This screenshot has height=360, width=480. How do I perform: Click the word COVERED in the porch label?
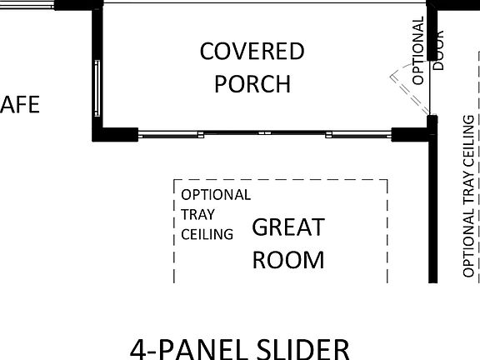[252, 52]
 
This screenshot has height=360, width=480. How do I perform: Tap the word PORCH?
[252, 84]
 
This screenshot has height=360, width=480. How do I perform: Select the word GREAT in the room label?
[287, 227]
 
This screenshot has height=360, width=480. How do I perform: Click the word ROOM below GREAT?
[287, 259]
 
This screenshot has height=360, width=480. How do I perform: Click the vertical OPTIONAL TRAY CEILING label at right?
[468, 197]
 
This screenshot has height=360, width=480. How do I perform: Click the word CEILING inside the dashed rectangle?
[207, 234]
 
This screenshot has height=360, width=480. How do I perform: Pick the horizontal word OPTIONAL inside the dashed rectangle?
[216, 195]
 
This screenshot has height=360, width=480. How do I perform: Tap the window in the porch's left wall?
[97, 87]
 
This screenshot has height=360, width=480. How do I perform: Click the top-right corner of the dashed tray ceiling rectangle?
[387, 180]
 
